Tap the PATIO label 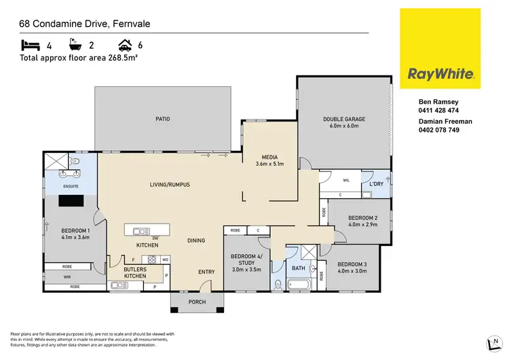coord(162,119)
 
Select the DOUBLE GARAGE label coord(343,120)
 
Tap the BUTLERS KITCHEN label coord(135,273)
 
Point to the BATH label coord(299,268)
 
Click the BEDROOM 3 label coord(353,264)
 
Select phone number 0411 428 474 coord(438,110)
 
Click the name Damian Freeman coord(445,122)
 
